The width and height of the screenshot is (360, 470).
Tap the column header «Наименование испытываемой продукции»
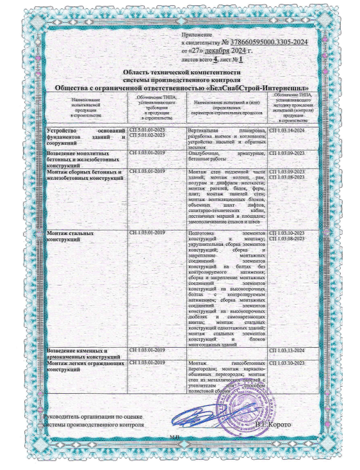point(85,109)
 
